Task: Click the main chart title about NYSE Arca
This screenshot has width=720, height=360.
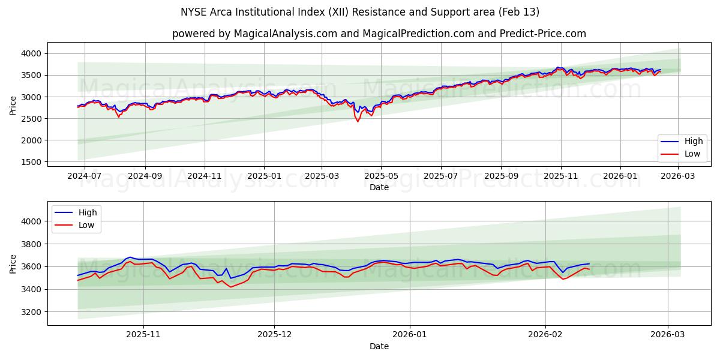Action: click(360, 12)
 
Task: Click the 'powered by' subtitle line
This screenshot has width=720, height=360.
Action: click(379, 34)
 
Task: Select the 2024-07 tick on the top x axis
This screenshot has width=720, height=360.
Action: click(84, 176)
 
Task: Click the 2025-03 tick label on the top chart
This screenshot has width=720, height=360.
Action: click(322, 176)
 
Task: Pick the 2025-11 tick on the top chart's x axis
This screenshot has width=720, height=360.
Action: click(560, 176)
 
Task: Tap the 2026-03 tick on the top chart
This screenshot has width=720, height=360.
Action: click(678, 176)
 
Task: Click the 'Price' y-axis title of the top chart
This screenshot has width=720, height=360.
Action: click(13, 105)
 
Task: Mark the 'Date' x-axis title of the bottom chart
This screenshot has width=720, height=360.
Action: click(379, 346)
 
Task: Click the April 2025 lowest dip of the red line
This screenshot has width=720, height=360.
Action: click(358, 122)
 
